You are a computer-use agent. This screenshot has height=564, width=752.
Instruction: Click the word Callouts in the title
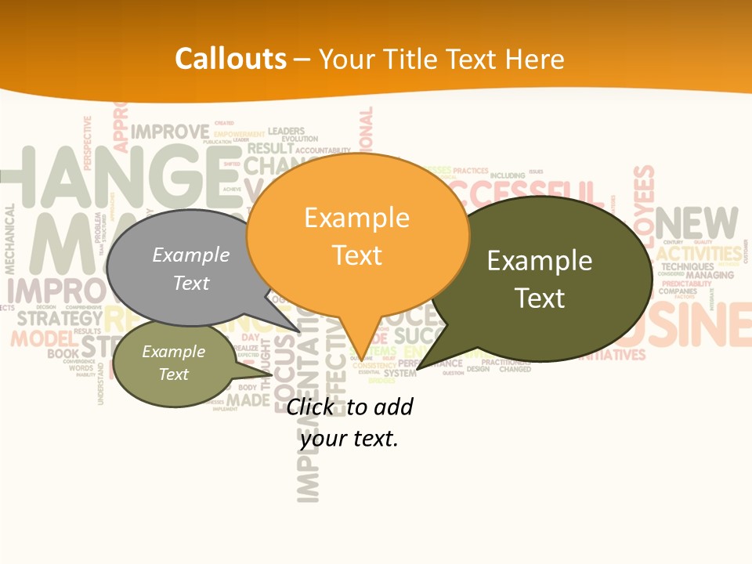pos(230,59)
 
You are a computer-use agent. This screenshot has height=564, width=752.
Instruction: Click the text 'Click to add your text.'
pos(349,422)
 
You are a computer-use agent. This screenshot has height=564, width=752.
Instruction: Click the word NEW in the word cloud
pos(697,224)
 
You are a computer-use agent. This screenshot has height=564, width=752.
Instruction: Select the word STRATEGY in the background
pos(60,318)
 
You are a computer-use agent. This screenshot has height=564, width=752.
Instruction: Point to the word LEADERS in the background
pos(287,131)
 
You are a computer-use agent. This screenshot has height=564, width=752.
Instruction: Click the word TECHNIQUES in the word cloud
pos(687,266)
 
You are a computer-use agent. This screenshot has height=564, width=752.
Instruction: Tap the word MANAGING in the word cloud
pos(709,275)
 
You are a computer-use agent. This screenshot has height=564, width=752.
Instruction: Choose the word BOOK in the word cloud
pos(63,354)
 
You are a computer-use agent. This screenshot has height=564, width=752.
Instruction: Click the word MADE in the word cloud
pos(248,400)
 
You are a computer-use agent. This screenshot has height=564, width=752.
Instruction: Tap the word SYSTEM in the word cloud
pos(399,373)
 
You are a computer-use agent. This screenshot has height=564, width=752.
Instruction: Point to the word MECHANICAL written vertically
pos(10,239)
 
